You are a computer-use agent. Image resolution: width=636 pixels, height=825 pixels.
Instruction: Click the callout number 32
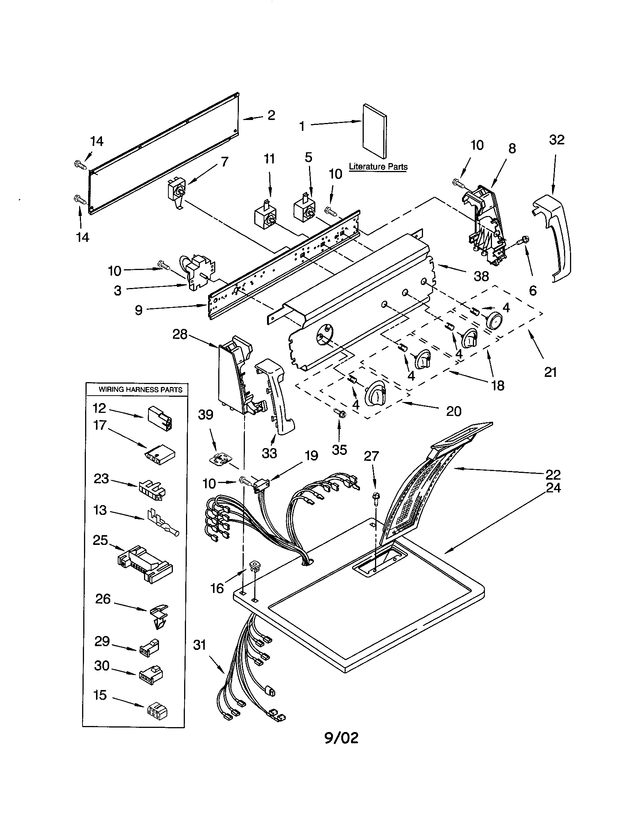coord(556,140)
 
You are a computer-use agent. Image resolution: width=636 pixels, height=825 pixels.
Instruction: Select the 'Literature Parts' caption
coord(378,166)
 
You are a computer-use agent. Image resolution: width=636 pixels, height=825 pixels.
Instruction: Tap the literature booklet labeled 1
coord(374,130)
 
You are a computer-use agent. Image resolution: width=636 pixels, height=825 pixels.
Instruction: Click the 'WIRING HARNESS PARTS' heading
coord(141,390)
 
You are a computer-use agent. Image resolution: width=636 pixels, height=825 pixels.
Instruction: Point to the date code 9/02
coord(341,737)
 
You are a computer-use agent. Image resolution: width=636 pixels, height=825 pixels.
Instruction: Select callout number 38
coord(481,276)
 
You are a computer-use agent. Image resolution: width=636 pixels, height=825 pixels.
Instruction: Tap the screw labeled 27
coord(376,497)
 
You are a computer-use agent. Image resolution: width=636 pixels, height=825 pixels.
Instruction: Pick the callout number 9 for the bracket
coord(139,310)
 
